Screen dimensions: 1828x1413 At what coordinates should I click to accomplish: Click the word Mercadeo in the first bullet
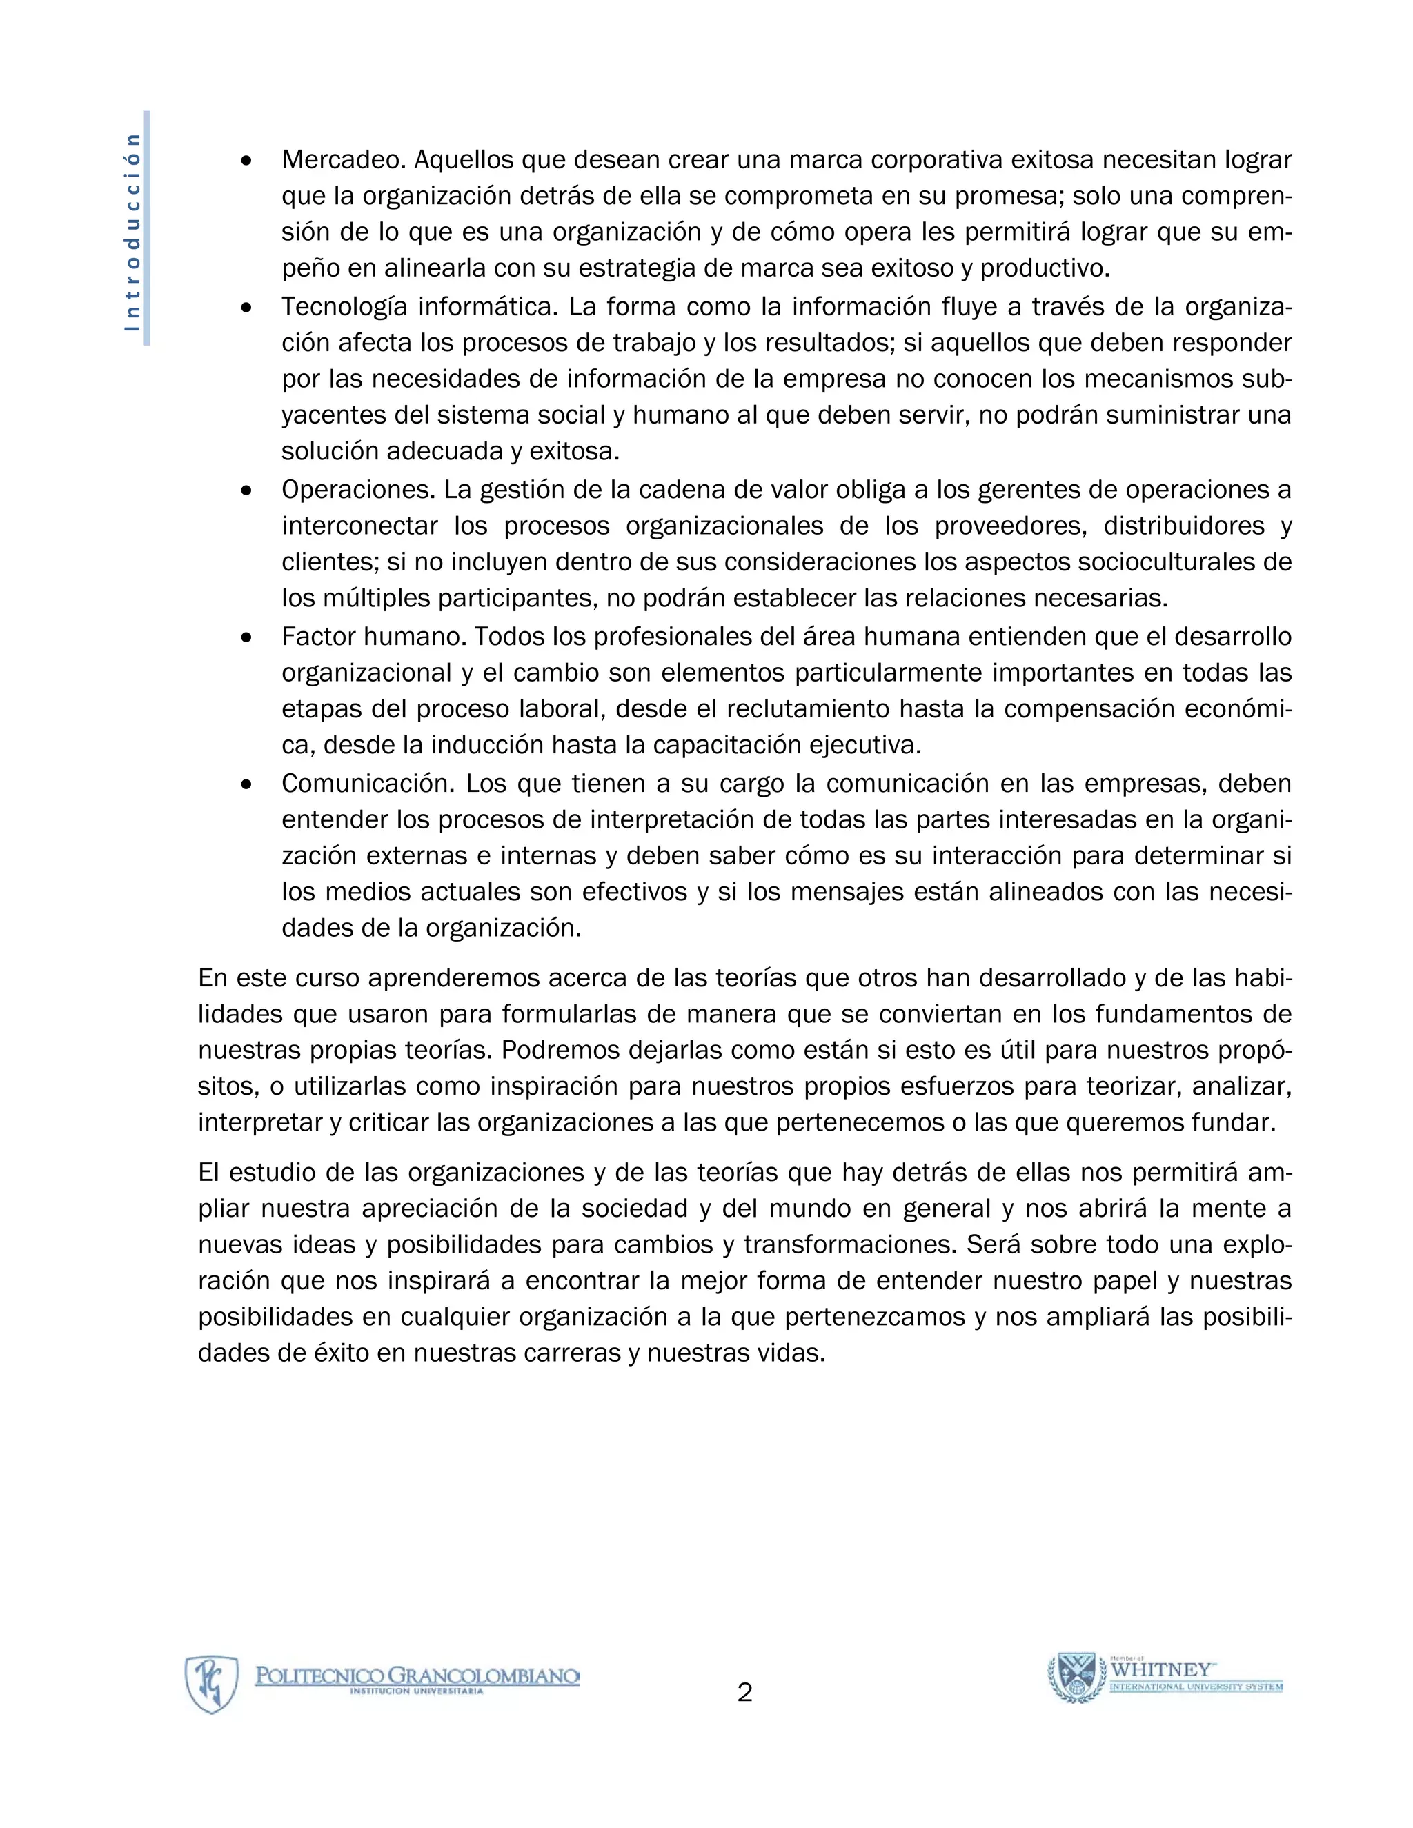click(343, 159)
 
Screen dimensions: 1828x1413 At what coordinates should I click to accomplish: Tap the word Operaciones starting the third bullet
click(357, 490)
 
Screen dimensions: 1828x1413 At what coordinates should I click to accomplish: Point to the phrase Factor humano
click(373, 637)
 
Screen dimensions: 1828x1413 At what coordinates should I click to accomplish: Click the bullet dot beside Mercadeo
click(246, 160)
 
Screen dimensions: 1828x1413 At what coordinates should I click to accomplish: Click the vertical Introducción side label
click(133, 230)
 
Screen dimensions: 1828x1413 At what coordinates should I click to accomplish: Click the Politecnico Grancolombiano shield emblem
click(212, 1683)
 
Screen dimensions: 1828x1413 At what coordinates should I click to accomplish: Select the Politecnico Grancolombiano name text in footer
click(417, 1675)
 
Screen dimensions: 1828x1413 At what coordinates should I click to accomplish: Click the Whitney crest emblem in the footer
click(1076, 1678)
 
